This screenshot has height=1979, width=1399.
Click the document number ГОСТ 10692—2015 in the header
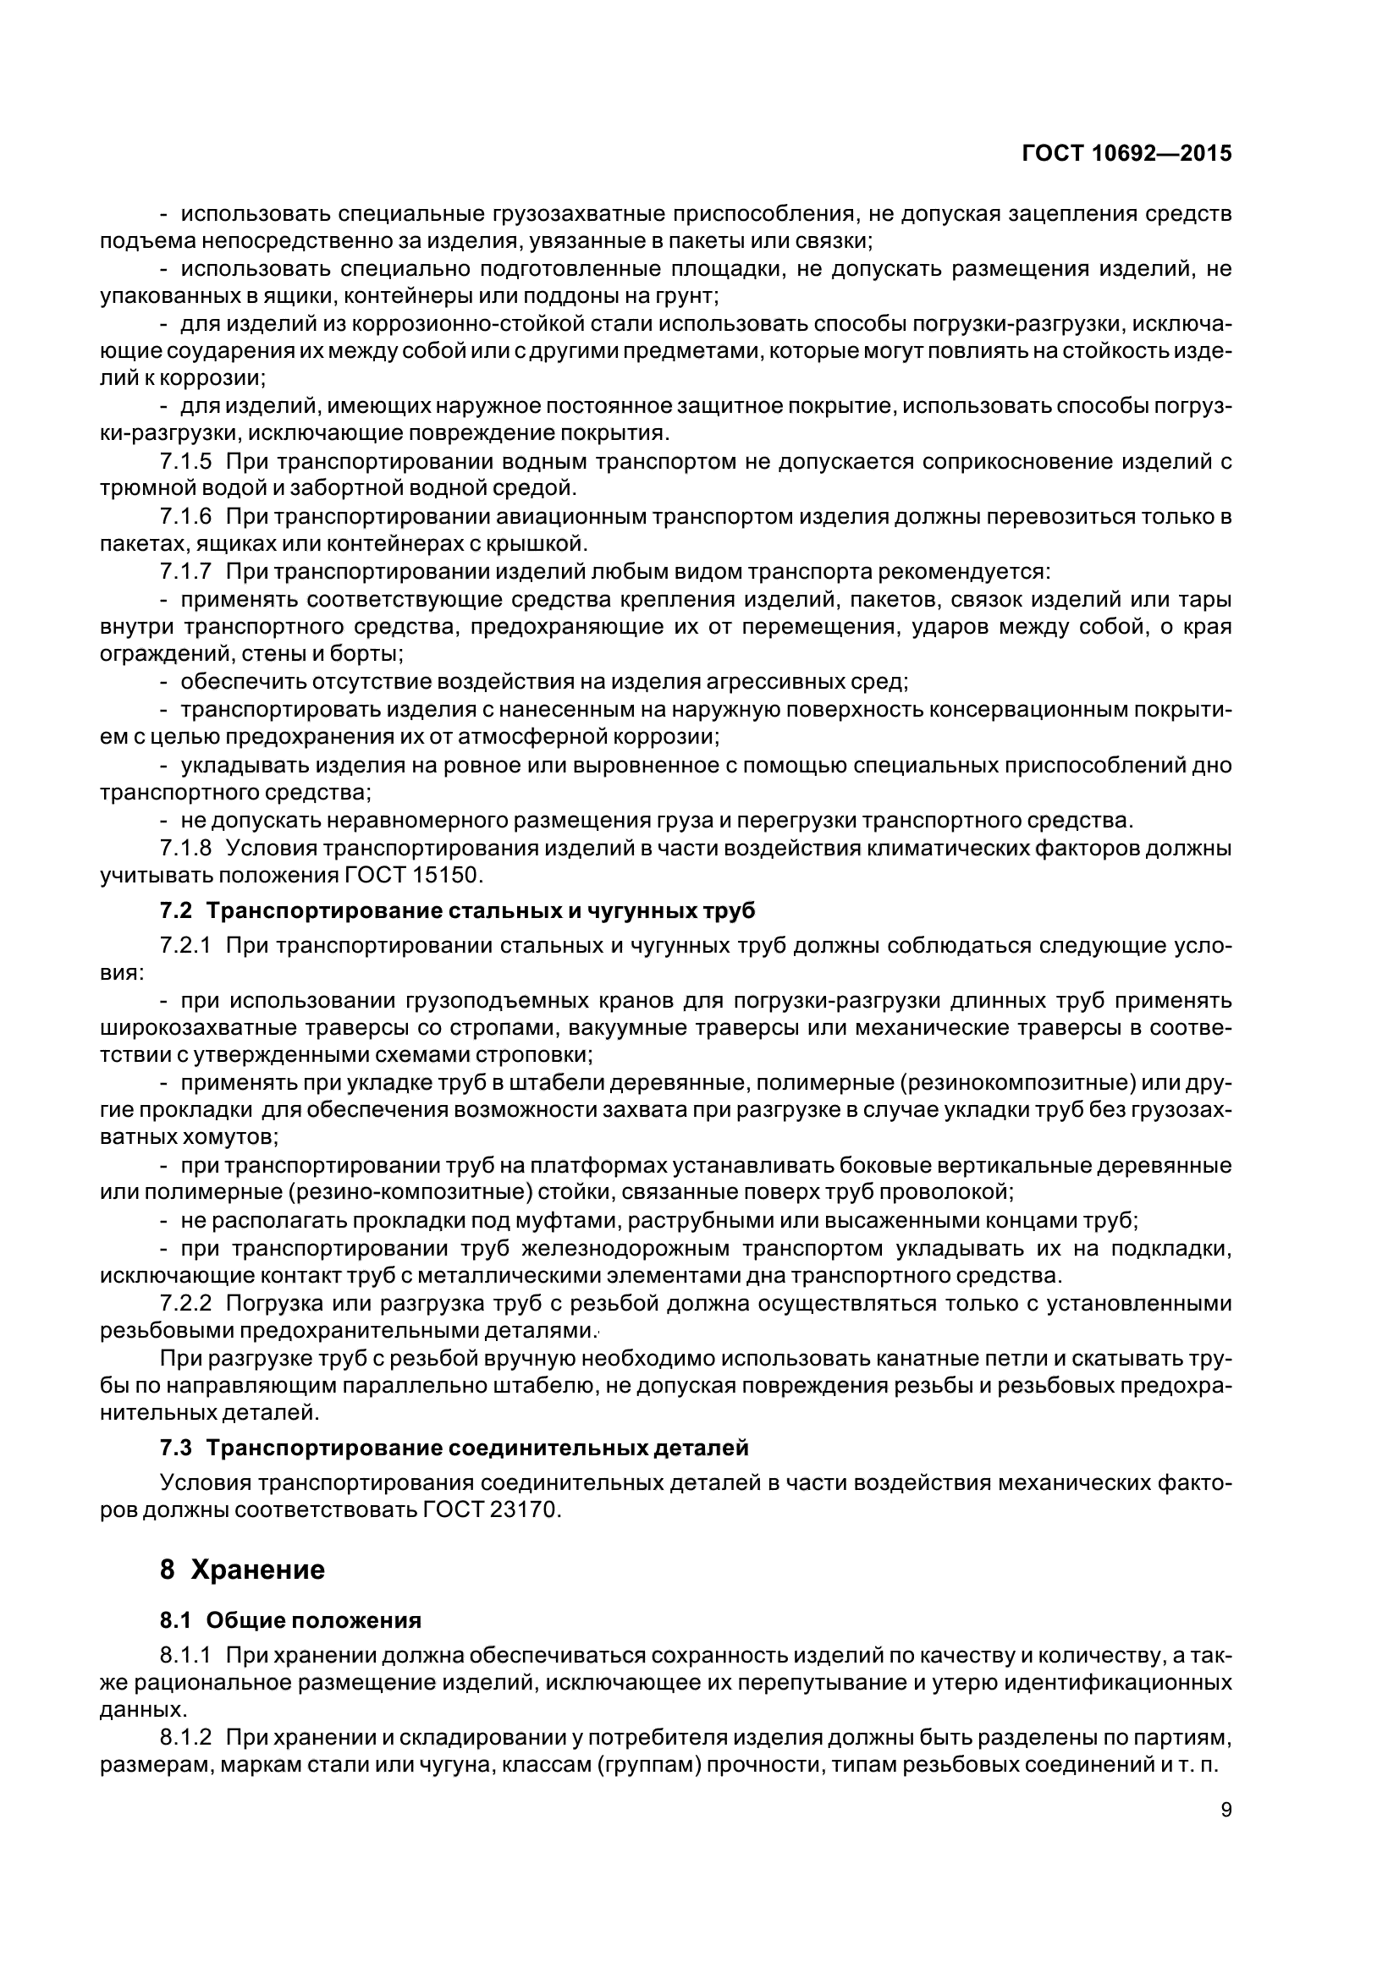coord(1126,153)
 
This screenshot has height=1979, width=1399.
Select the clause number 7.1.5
coord(185,462)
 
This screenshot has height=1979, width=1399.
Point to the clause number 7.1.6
coord(185,517)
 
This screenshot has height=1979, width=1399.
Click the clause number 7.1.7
coord(185,571)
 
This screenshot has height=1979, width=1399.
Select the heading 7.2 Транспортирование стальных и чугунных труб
coord(457,911)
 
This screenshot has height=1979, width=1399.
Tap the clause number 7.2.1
coord(185,946)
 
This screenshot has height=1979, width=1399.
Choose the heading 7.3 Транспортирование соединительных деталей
coord(454,1448)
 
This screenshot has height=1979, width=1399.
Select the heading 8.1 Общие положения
coord(290,1620)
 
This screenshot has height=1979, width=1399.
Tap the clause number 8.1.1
coord(185,1656)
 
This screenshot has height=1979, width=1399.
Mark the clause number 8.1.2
coord(185,1737)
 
